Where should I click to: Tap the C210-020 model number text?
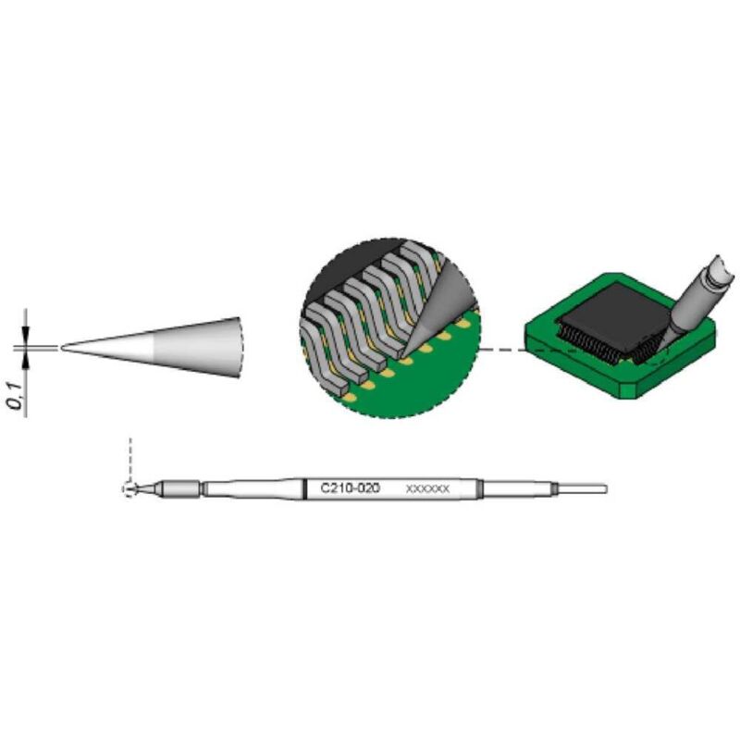(351, 487)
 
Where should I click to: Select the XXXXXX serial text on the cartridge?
(427, 488)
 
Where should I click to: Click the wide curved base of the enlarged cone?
(239, 348)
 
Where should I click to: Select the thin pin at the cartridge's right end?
(583, 488)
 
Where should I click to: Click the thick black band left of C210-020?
(306, 488)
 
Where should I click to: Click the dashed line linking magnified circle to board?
(504, 350)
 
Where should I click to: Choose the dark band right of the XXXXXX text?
(480, 488)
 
